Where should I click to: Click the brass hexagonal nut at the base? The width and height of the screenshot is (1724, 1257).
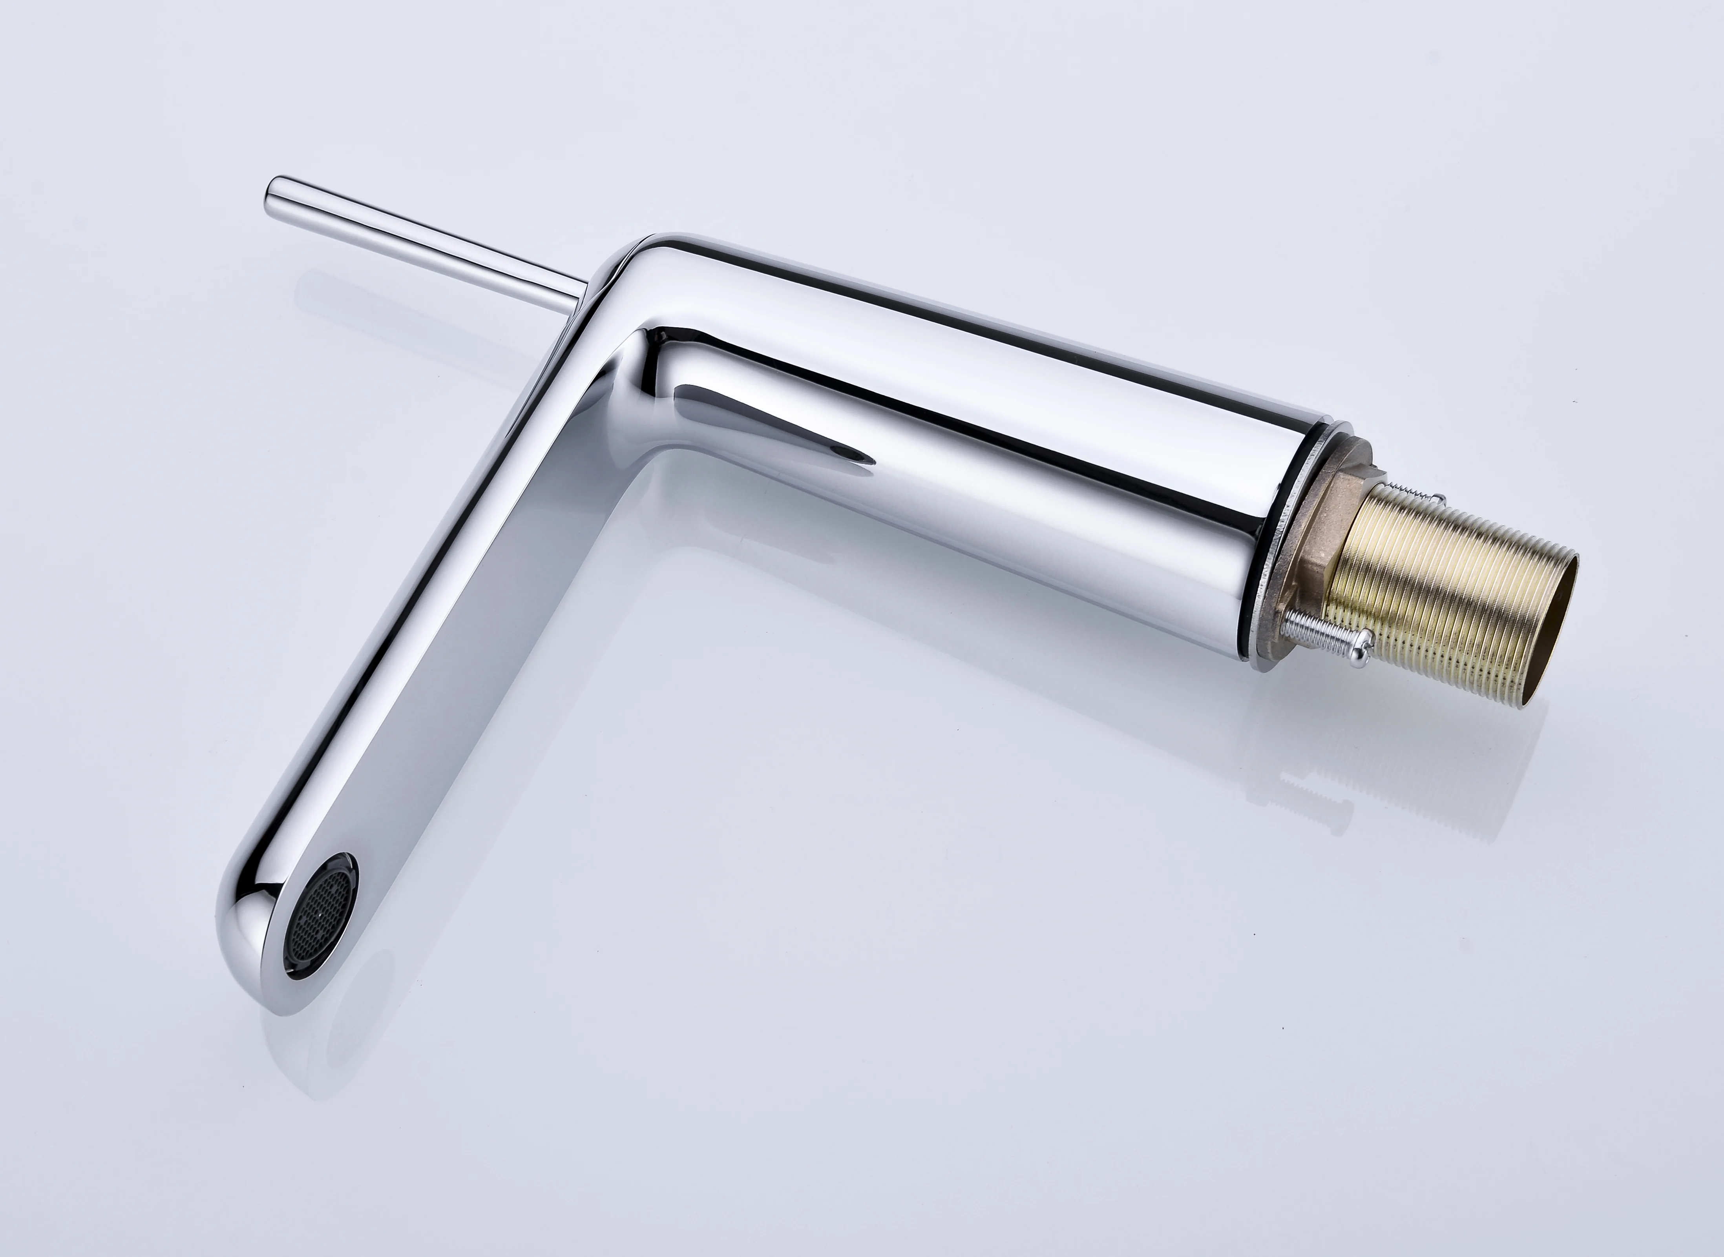[1328, 525]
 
